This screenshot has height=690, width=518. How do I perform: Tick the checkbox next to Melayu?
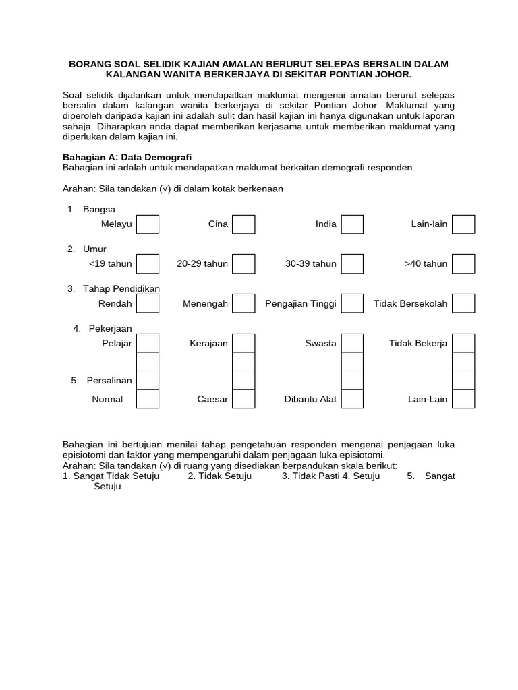tap(148, 224)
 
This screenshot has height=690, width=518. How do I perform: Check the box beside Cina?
tap(243, 224)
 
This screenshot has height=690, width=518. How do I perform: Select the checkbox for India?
tap(352, 224)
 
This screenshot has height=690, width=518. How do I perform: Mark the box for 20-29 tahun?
tap(243, 264)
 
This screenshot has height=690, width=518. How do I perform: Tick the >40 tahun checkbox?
tap(463, 264)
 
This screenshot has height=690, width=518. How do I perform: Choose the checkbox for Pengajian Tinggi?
tap(352, 304)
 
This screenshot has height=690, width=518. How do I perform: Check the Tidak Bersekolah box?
tap(463, 304)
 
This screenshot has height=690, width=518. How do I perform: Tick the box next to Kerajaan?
tap(243, 344)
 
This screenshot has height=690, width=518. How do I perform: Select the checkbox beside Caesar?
tap(243, 399)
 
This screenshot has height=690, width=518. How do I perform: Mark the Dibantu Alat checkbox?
tap(352, 399)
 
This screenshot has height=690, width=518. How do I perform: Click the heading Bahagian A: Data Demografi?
tap(127, 157)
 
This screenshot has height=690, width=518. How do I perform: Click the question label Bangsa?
tap(99, 209)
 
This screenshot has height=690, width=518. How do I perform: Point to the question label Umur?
tap(95, 249)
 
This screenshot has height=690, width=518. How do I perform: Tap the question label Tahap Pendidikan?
tap(121, 288)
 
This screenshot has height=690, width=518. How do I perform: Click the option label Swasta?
tap(320, 344)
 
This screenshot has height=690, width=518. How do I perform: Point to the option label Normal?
tap(107, 399)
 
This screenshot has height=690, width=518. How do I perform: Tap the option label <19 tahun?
tap(110, 264)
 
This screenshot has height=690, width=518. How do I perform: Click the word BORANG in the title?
tap(92, 64)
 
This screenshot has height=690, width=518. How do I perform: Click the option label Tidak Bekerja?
tap(418, 344)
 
